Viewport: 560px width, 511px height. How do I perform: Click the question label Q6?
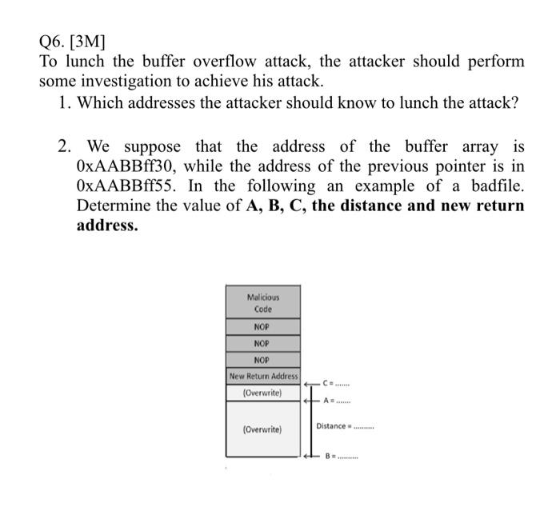pos(54,41)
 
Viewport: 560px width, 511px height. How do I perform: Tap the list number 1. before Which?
pos(65,103)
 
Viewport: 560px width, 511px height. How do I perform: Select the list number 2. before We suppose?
pos(65,147)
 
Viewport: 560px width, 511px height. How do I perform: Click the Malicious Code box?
pos(263,302)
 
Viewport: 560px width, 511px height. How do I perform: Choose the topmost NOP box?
pos(262,327)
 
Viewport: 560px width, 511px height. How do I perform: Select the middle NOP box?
pos(262,344)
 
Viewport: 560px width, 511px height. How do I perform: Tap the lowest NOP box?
pos(262,360)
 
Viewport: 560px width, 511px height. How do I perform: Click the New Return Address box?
pos(263,376)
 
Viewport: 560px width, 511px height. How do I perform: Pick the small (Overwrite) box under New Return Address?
pos(263,393)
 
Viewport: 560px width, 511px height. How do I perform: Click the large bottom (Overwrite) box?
pos(263,429)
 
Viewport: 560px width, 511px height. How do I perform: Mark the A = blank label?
pos(337,401)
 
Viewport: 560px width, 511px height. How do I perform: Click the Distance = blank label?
pos(344,425)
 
